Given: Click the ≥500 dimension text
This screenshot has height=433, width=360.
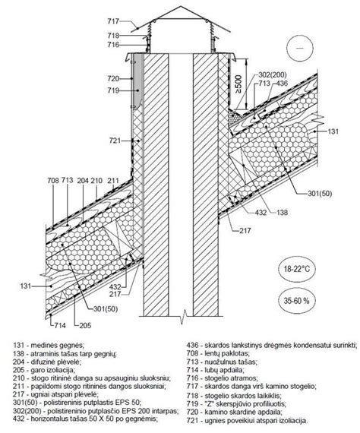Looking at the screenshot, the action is point(238,84).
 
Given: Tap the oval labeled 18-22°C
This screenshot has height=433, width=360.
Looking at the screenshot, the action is point(297,269).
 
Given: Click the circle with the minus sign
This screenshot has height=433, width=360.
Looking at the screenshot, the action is point(300,48).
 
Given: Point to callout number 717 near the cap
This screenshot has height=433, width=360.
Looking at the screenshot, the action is point(113,21).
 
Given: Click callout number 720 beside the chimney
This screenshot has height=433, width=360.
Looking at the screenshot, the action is point(113,79).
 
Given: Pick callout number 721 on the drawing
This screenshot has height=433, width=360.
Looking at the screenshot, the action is point(115,141).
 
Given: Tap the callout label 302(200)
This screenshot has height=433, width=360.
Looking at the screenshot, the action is point(272,74).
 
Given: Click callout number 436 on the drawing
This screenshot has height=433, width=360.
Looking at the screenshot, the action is point(282,83).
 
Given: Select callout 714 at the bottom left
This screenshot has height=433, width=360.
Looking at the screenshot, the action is point(60,325).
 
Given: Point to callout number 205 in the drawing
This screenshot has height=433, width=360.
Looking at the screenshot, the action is point(85,325).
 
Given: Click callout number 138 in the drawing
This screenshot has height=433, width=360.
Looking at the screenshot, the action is point(282,212).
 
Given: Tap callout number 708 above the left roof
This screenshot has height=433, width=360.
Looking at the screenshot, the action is point(53,181).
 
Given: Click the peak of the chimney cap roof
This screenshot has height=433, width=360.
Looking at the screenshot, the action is point(181,7).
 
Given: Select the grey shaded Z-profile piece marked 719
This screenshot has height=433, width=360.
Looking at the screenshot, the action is point(137,81).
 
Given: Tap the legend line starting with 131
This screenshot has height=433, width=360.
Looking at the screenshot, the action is point(49,345).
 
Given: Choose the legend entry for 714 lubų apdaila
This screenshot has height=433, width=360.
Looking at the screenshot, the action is point(216,370).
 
